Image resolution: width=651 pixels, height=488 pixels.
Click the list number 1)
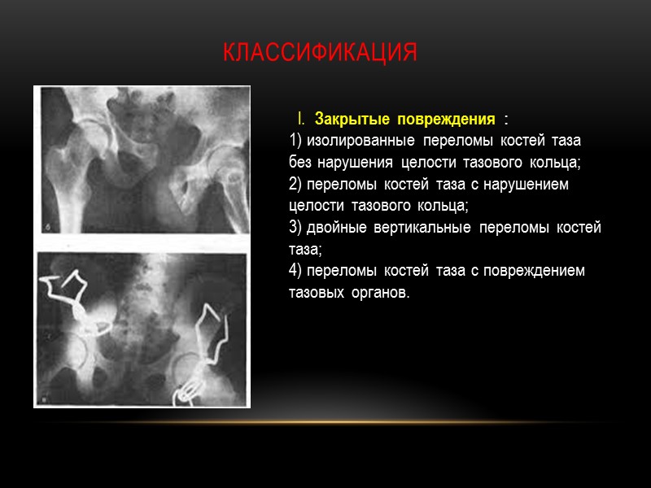click(296, 142)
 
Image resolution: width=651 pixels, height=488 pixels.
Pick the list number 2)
click(296, 185)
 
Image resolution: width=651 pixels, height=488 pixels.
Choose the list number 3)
click(296, 228)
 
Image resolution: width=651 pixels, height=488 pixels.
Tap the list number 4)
click(296, 270)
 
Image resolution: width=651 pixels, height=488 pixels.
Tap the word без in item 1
click(301, 163)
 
